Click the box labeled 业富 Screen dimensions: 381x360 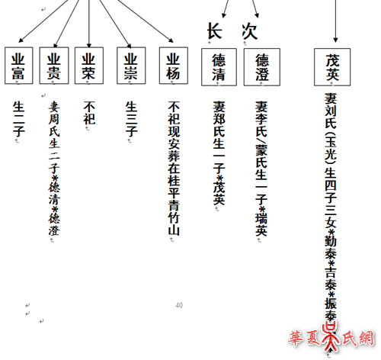click(19, 66)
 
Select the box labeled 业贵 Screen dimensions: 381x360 click(54, 66)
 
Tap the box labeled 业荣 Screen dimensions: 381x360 click(89, 66)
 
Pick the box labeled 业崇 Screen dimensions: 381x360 click(131, 66)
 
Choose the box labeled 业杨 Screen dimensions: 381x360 click(174, 66)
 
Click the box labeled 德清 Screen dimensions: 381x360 click(219, 67)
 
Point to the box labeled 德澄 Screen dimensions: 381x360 click(262, 67)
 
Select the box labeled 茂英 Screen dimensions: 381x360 click(332, 67)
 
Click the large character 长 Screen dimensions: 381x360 click(215, 31)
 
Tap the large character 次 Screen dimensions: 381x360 click(250, 31)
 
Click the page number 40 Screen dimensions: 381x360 click(179, 305)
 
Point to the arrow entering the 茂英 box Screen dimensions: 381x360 click(335, 21)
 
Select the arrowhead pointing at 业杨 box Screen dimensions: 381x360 click(171, 40)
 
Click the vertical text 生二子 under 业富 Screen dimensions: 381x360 click(19, 119)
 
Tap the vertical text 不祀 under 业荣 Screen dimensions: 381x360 click(89, 113)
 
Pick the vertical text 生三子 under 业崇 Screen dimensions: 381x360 click(131, 119)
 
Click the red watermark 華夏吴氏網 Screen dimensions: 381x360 click(331, 338)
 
